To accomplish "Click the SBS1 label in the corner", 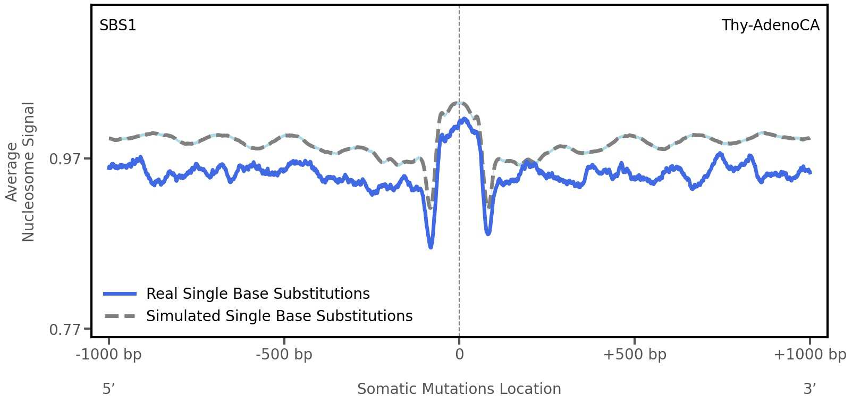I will (117, 26).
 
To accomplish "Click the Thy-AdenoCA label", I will (770, 26).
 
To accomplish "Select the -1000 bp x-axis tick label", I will (109, 355).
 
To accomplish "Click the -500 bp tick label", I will (284, 355).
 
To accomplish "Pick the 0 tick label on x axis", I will (459, 355).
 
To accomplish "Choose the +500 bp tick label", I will (634, 355).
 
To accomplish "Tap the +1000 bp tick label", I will (809, 355).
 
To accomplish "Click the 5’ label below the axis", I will (109, 389).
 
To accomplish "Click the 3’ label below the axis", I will (809, 389).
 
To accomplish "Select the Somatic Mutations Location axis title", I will (459, 389).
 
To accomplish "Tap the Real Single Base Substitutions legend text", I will (258, 294).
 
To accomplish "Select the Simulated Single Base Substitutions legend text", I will (279, 316).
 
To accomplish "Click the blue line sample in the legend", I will (120, 294).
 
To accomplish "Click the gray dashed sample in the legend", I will (120, 316).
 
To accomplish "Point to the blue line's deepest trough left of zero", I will (431, 247).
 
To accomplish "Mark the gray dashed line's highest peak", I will (460, 103).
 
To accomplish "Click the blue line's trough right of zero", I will (488, 233).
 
